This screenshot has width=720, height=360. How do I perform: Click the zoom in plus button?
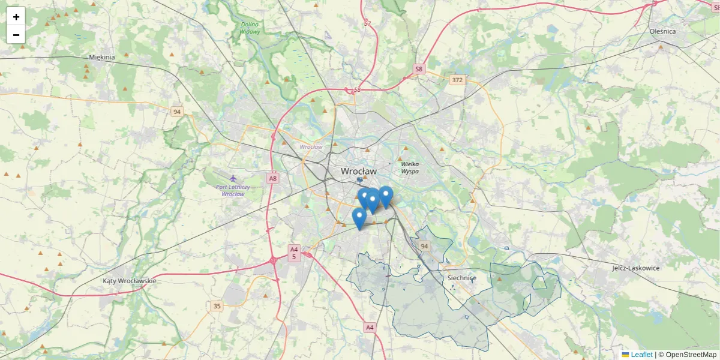tap(16, 17)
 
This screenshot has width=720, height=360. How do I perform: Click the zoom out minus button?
tap(16, 35)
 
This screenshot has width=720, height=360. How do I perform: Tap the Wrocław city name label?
tap(359, 171)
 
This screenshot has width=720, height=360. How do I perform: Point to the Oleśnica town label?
tap(662, 31)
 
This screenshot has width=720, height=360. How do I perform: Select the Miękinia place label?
tap(101, 58)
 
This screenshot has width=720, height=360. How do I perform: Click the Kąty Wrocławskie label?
tap(129, 281)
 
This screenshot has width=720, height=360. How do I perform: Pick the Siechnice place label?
tap(461, 278)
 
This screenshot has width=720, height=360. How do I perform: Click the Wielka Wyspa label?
tap(410, 167)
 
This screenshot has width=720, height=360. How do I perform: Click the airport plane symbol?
tap(233, 178)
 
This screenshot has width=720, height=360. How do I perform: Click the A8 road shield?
tap(273, 178)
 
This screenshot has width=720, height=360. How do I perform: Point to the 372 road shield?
tap(458, 80)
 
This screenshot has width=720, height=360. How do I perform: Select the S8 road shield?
tap(419, 70)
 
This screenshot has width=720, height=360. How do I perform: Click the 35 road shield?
tap(217, 307)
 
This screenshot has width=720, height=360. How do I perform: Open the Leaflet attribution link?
tap(641, 355)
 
